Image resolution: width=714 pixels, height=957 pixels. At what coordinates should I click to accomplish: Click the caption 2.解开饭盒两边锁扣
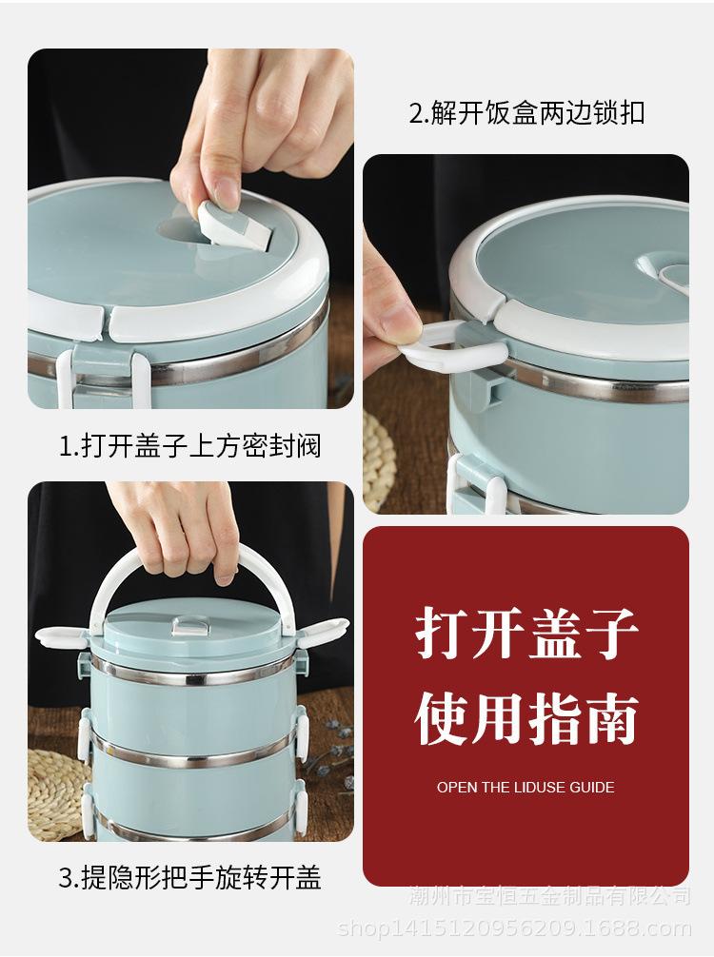coord(526,112)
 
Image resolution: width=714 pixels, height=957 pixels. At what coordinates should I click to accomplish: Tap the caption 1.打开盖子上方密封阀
coord(190,445)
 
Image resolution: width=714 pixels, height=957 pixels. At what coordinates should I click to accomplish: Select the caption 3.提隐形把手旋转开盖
coord(190,877)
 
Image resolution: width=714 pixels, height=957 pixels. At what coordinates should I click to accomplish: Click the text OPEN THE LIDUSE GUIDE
coord(526,788)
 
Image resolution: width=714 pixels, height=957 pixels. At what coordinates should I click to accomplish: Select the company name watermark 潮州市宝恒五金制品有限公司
coord(549,897)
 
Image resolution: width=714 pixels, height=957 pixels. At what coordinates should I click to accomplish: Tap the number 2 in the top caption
coord(416,113)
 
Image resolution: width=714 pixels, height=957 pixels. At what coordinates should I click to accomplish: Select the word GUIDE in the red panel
coord(591,788)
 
